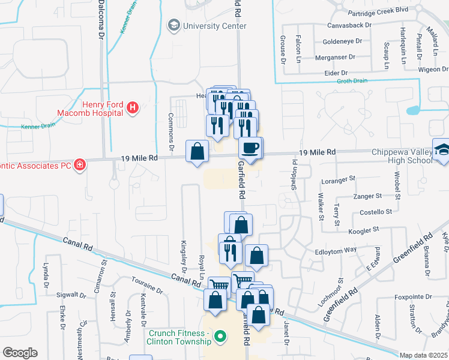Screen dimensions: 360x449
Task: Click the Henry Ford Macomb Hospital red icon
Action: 133,109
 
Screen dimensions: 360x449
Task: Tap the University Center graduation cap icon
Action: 173,25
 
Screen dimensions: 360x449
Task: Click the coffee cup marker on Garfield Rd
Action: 250,147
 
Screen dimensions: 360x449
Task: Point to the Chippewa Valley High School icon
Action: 442,151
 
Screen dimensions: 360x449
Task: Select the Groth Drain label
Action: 352,81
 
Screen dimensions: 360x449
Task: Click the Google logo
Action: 20,353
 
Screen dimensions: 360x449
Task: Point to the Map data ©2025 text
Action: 423,355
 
